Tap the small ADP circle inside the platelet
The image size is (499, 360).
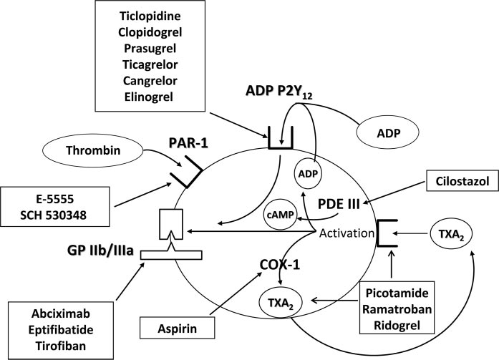point(306,174)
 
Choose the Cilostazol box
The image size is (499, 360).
point(458,182)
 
